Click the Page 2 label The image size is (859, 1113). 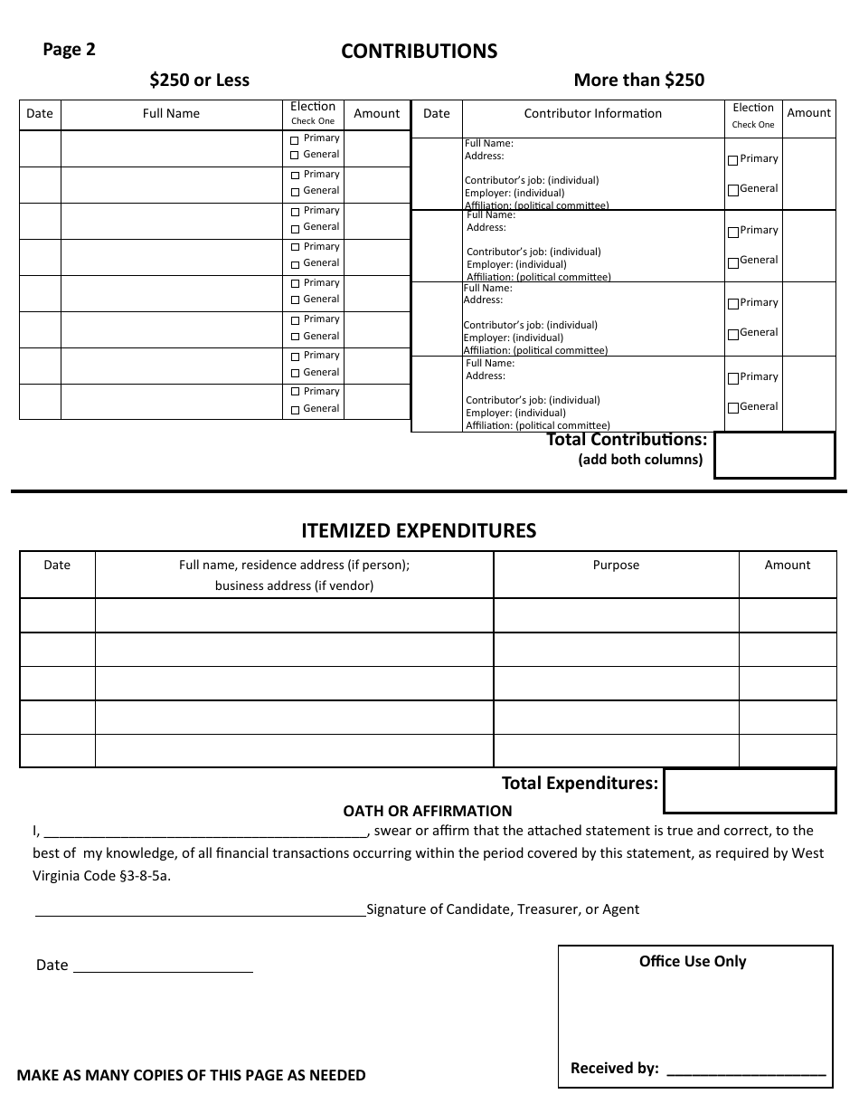click(69, 50)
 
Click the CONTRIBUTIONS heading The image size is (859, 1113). click(419, 52)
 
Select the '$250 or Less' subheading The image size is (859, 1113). click(199, 80)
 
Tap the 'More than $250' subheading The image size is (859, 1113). click(638, 80)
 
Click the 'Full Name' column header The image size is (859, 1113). click(171, 113)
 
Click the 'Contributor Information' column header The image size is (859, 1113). click(592, 113)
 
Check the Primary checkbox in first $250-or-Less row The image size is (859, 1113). click(295, 140)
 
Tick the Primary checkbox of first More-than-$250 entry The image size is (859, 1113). click(733, 160)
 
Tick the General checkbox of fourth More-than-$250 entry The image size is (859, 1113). click(733, 408)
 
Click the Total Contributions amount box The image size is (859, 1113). click(774, 454)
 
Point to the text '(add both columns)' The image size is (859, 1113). click(640, 460)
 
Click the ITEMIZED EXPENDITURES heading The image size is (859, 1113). click(419, 531)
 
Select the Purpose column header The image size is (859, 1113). click(616, 565)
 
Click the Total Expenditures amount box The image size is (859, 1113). click(750, 791)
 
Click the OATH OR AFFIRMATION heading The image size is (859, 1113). click(427, 811)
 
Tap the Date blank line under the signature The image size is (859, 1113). click(163, 967)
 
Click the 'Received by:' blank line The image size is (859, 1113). click(746, 1070)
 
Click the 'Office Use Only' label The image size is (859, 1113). click(693, 961)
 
